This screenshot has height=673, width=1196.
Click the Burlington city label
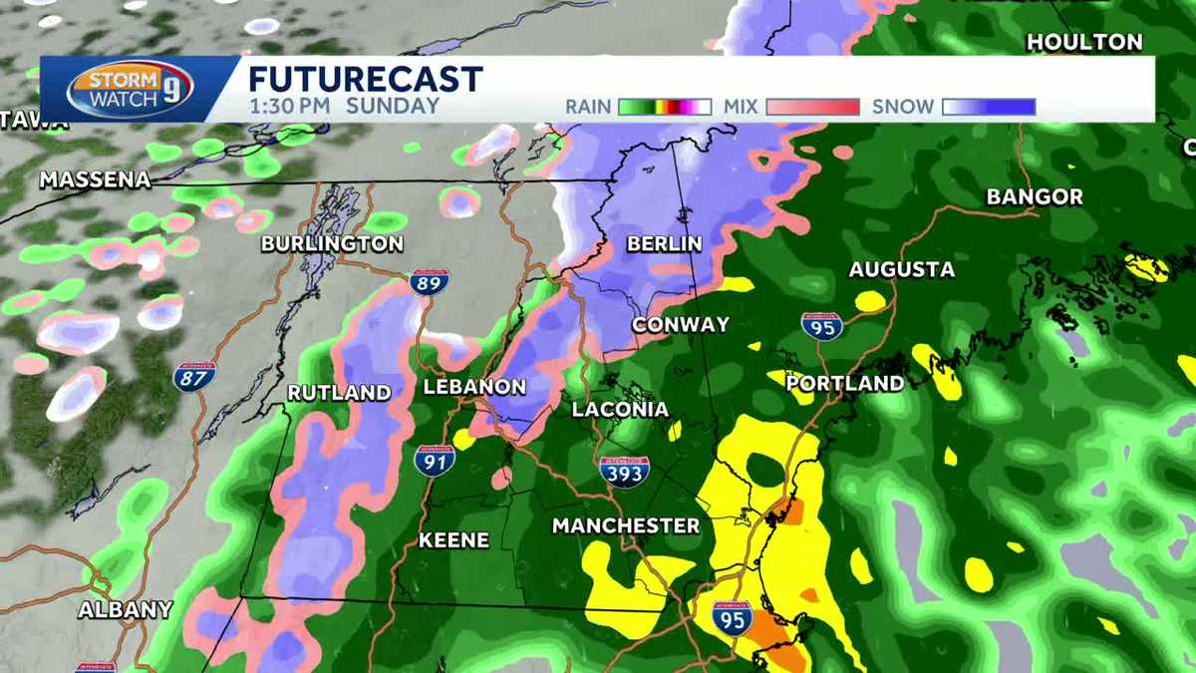coord(332,244)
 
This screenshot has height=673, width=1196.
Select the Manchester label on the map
coord(626,525)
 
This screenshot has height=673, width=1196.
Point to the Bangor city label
coord(1035,196)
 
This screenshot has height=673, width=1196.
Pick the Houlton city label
coord(1084,42)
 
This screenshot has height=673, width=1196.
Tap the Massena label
coord(96,180)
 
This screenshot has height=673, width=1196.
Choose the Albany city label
coord(126,609)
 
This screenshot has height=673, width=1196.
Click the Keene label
coord(453,539)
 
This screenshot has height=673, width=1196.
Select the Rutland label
coord(339,393)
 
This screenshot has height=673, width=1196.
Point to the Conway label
coord(681,325)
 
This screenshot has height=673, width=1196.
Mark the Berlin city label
coord(665,244)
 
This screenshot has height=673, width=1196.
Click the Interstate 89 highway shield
coord(429,283)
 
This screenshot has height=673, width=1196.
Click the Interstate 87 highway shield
coord(194,377)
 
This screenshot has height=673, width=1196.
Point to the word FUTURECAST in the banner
coord(365,79)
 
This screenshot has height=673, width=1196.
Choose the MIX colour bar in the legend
coord(810,107)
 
